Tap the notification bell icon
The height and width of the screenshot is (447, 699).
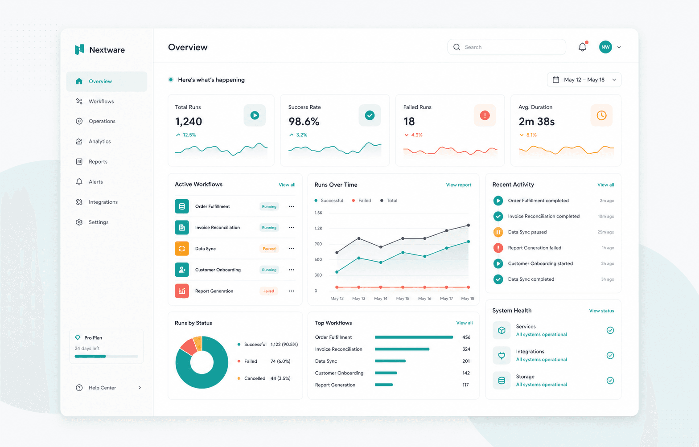582,47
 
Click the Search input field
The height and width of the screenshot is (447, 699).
506,47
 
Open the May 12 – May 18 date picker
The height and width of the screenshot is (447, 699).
584,79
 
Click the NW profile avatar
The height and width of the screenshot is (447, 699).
605,47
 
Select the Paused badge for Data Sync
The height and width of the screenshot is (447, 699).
269,249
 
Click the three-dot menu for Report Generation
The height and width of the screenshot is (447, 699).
292,291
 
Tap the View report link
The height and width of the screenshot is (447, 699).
458,185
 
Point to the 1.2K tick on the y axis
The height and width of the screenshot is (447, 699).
318,228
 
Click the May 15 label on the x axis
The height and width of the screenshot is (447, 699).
403,299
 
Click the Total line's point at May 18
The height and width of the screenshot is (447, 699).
469,225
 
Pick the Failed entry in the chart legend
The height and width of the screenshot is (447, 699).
362,201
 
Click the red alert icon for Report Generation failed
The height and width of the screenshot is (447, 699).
498,248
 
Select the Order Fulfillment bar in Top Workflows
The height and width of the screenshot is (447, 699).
414,337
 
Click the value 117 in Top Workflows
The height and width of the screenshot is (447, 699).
465,385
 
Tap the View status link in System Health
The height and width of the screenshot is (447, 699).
601,311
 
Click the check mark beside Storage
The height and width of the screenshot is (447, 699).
610,381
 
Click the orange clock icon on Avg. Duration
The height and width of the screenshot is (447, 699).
601,115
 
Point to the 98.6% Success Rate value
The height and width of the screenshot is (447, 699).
304,121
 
